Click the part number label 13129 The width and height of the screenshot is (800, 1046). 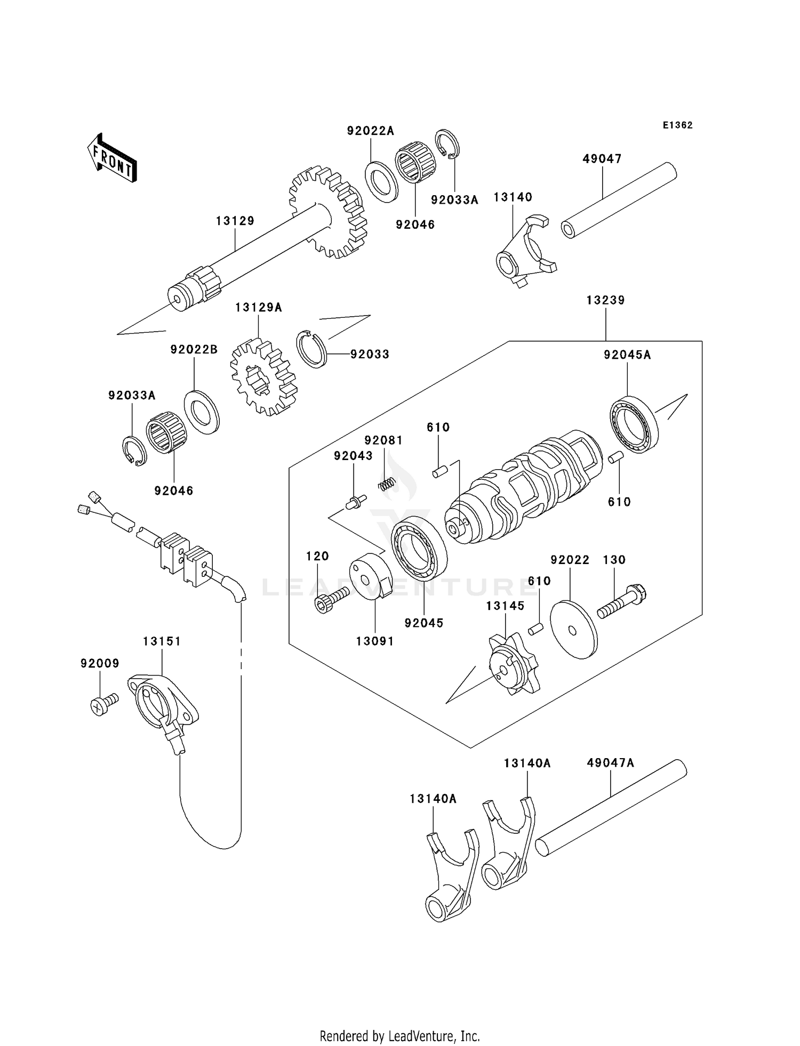coord(235,221)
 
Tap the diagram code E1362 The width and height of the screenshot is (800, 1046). coord(677,125)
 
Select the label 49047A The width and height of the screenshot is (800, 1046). coord(610,763)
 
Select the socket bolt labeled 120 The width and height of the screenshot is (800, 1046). coord(331,599)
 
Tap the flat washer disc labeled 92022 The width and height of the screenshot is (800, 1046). coord(574,629)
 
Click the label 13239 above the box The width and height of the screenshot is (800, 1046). coord(605,300)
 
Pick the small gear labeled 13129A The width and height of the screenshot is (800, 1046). coord(263,377)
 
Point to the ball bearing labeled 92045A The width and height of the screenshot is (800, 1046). coord(634,425)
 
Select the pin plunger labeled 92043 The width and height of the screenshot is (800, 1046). coord(356,501)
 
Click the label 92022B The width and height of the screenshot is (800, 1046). coord(194,350)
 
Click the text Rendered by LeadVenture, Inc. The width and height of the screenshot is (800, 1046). coord(399,1036)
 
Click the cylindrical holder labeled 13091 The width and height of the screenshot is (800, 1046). coord(370,576)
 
